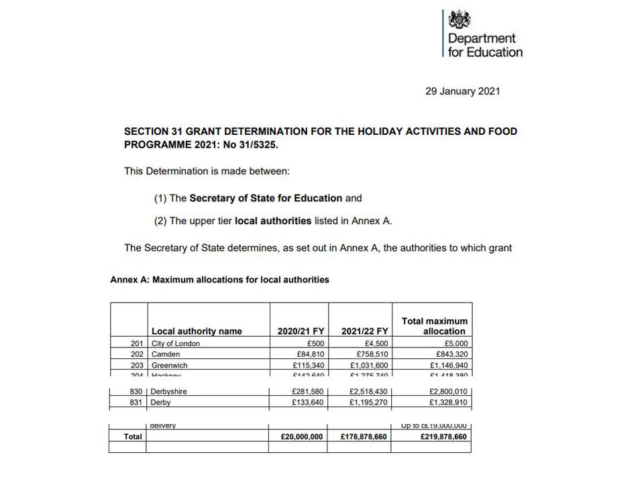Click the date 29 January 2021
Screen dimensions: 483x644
point(462,91)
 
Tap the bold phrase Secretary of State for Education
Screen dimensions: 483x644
point(266,198)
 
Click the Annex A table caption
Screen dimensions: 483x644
point(219,280)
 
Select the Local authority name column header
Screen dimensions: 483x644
point(197,331)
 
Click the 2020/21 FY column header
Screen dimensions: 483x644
point(301,331)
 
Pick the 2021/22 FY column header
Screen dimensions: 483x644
point(364,331)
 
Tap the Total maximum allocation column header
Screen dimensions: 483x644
point(434,326)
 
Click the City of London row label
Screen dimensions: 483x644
point(176,343)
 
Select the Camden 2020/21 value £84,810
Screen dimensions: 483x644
point(309,354)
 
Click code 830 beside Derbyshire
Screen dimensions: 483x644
point(136,392)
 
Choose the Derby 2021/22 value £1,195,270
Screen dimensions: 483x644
point(366,402)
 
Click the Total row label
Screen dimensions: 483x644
point(133,436)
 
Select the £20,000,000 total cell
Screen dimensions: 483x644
point(303,436)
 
